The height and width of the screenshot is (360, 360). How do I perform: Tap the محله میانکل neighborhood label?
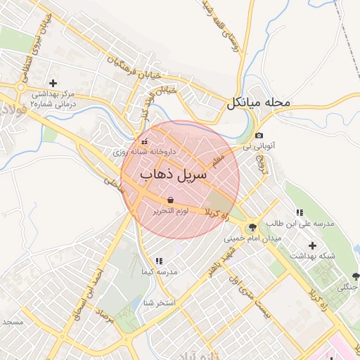pyautogui.click(x=258, y=103)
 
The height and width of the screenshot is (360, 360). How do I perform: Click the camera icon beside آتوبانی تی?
pyautogui.click(x=259, y=136)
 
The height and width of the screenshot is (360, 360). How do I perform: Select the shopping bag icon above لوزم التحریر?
pyautogui.click(x=171, y=200)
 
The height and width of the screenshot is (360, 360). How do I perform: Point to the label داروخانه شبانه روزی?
pyautogui.click(x=146, y=151)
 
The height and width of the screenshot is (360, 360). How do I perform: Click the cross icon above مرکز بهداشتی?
pyautogui.click(x=53, y=83)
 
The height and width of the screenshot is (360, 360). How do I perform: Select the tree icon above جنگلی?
pyautogui.click(x=354, y=276)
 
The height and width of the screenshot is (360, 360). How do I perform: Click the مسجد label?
pyautogui.click(x=12, y=321)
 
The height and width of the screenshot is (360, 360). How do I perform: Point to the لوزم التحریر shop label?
pyautogui.click(x=171, y=210)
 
